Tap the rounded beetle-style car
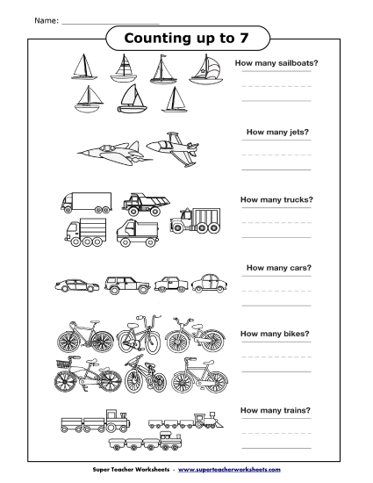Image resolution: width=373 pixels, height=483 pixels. pyautogui.click(x=209, y=283)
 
